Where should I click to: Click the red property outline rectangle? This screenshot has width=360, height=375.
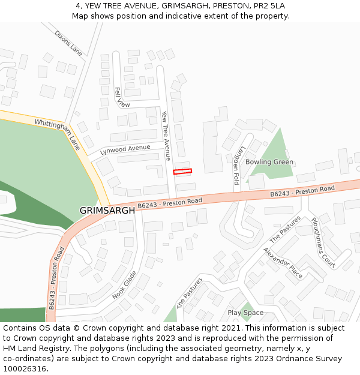coord(182,172)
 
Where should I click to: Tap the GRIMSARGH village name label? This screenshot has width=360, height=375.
coord(107,211)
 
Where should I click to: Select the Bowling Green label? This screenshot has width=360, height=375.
coord(269,162)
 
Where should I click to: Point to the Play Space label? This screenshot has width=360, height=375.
coord(245,313)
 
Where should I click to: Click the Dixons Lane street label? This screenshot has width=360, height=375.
coord(68,43)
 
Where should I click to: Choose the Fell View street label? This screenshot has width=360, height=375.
coord(122,98)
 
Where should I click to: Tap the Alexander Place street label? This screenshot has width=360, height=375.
coord(283,262)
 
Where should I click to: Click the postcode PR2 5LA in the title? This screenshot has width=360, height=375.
coord(269,6)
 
